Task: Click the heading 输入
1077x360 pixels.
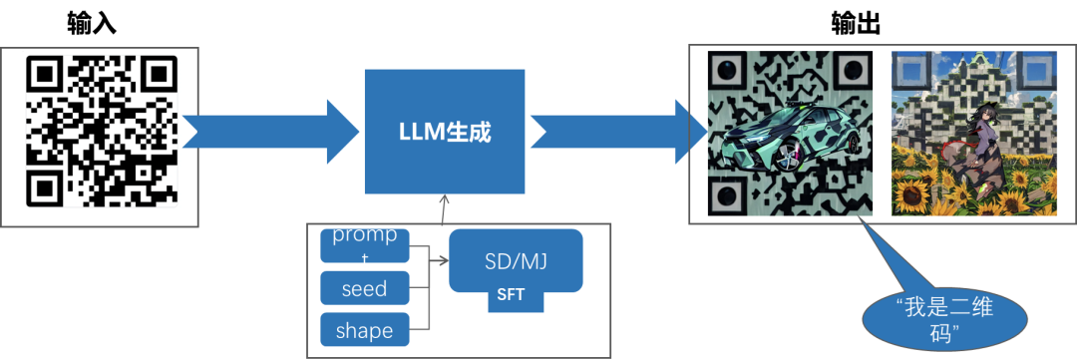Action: coord(92,24)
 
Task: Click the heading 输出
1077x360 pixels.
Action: coord(856,24)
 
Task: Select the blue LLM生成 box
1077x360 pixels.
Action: coord(444,132)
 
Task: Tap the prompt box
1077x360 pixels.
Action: coord(365,246)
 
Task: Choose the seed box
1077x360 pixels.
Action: coord(365,288)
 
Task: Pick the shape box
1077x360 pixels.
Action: coord(365,330)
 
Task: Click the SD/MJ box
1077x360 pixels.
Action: coord(516,261)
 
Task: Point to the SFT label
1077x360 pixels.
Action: coord(511,295)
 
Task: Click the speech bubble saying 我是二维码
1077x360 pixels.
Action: coord(945,320)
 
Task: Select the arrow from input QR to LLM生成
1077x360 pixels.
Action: coord(270,132)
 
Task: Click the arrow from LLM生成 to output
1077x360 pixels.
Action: coord(619,132)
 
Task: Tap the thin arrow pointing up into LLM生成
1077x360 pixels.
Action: coord(444,208)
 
